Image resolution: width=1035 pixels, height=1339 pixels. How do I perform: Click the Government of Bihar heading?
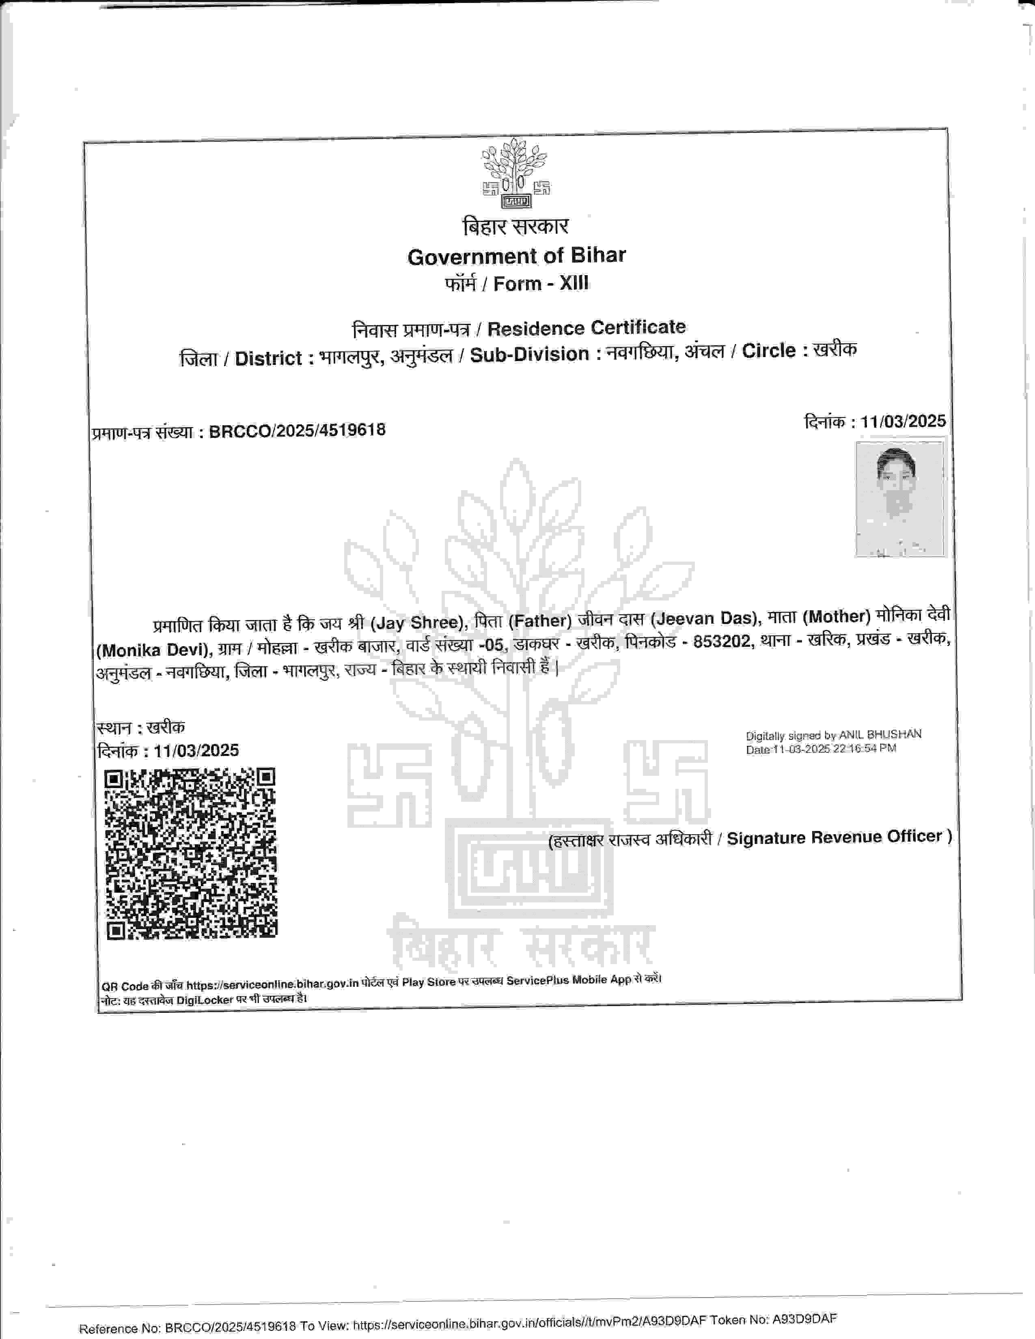(516, 256)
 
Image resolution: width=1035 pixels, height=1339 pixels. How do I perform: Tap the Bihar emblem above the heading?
(515, 173)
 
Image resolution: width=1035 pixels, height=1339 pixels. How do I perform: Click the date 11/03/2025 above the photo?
(903, 421)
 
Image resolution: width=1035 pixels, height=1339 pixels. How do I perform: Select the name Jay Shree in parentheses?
(416, 623)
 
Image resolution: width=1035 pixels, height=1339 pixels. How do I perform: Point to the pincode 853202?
(722, 642)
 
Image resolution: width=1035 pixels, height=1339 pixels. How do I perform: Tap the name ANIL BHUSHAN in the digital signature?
(880, 734)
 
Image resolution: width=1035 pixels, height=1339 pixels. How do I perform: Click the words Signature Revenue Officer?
(834, 837)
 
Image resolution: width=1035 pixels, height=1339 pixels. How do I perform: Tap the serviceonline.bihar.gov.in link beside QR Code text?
(272, 985)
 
